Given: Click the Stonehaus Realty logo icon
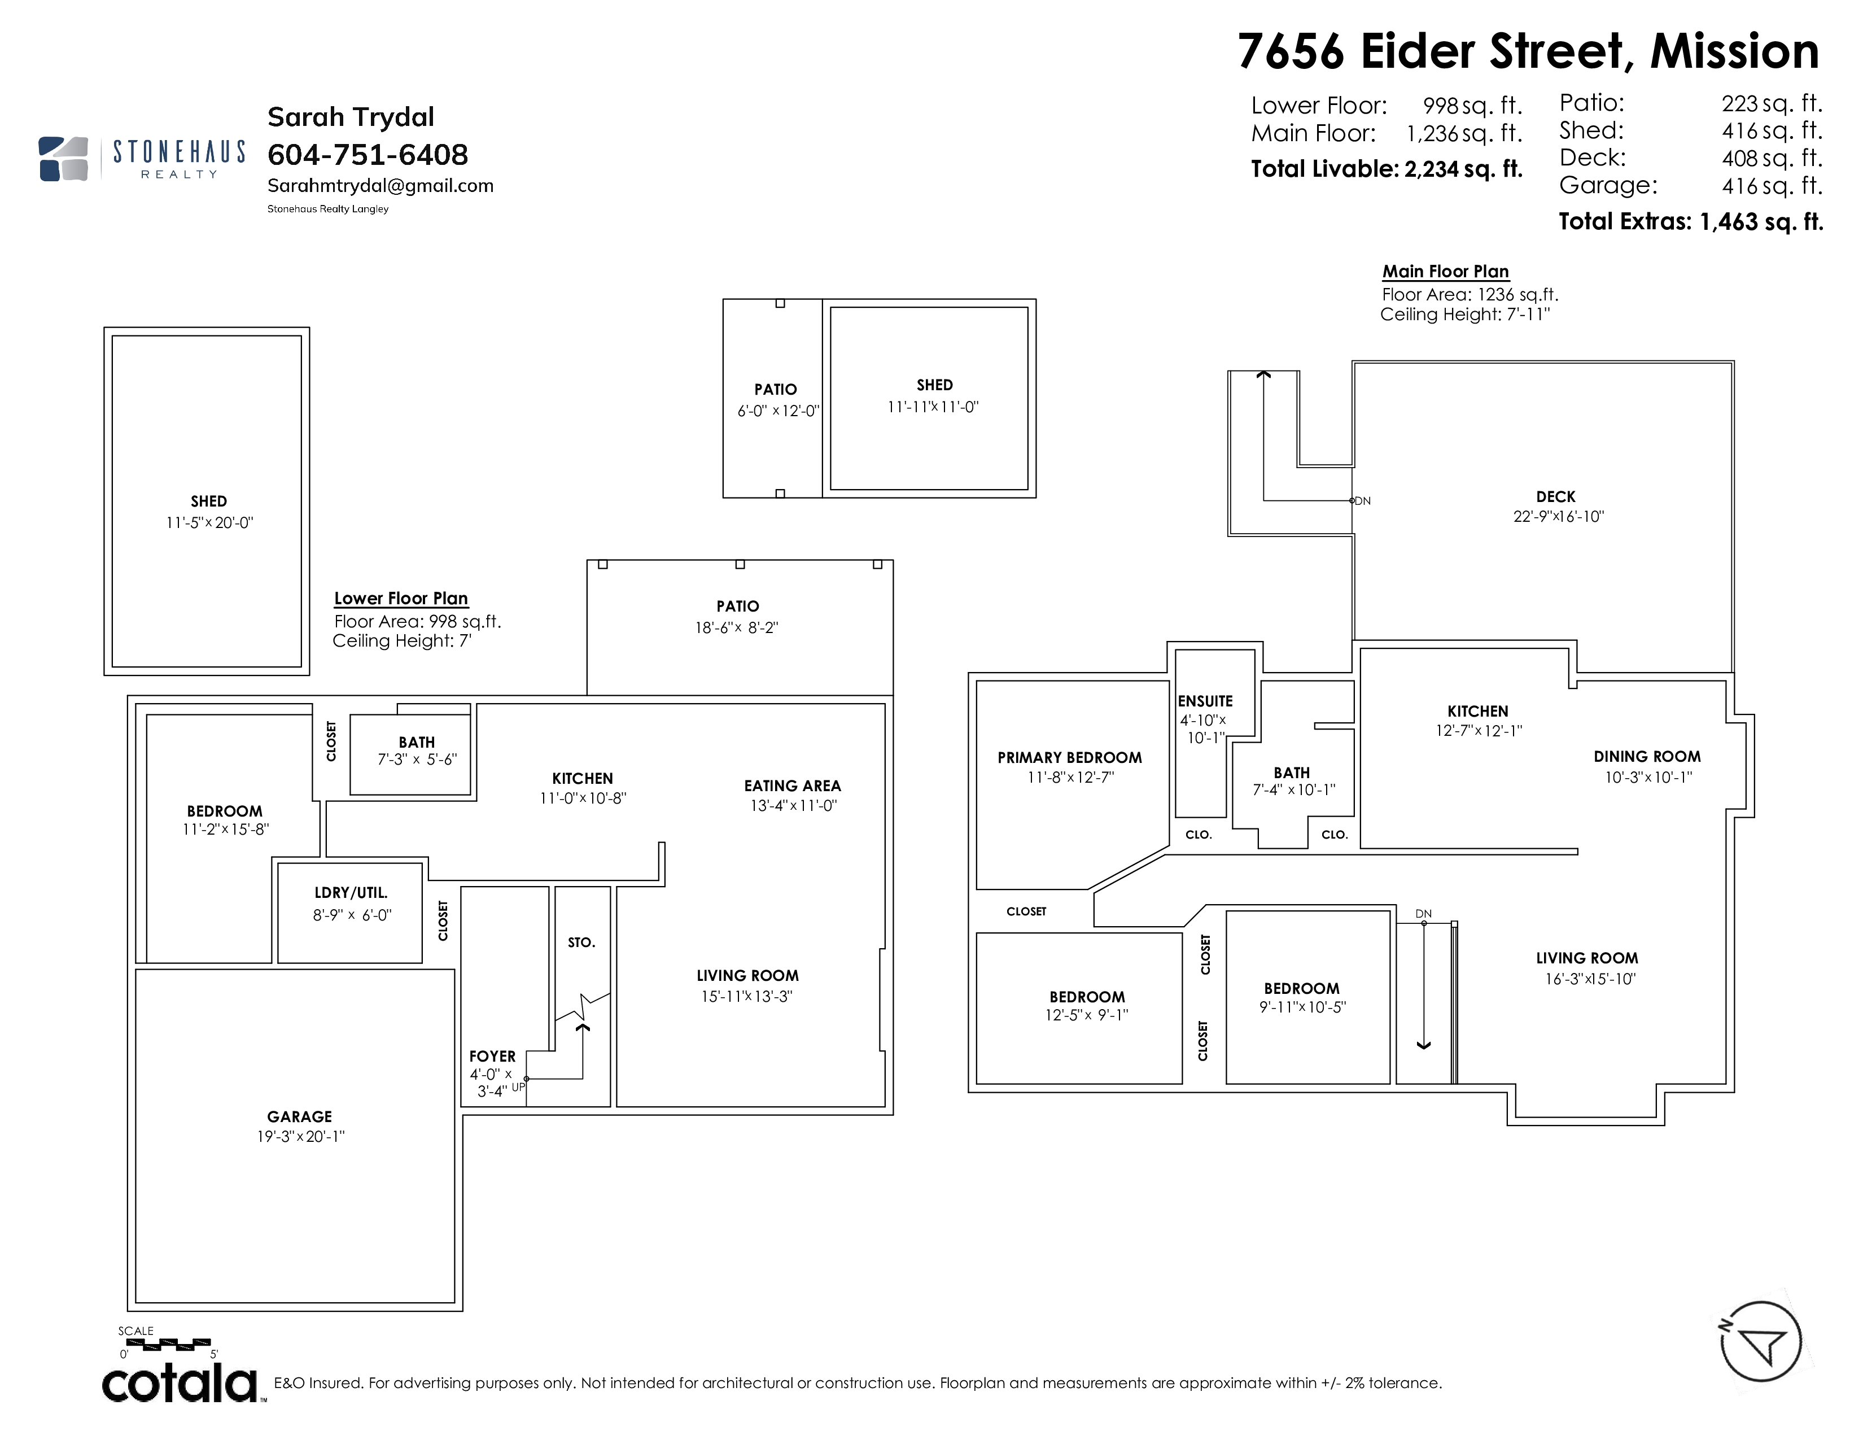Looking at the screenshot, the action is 64,159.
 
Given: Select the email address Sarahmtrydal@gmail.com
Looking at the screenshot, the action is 381,186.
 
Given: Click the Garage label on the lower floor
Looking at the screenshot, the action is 299,1116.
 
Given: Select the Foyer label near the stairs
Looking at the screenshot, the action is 492,1056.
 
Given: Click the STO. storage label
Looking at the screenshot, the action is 581,942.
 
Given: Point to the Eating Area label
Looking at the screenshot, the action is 793,786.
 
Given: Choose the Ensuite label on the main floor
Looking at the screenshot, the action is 1205,701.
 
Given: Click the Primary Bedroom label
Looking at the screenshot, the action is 1070,757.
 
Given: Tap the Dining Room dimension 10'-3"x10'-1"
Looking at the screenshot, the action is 1648,777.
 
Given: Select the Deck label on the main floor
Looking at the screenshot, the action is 1556,496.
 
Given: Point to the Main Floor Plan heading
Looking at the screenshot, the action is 1446,271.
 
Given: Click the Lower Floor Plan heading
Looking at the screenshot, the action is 401,599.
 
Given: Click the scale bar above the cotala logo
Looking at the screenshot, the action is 168,1345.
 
